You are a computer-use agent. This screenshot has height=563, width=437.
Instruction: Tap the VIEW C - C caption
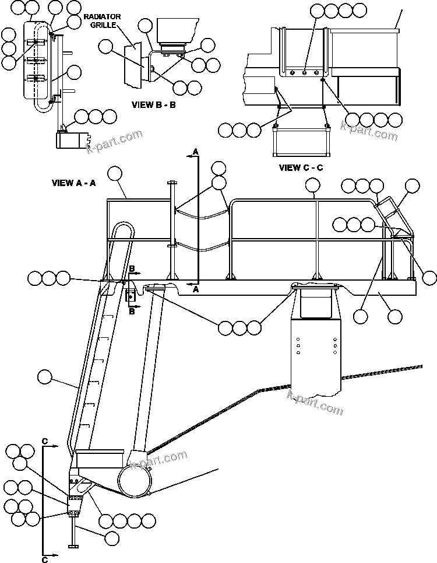pyautogui.click(x=301, y=167)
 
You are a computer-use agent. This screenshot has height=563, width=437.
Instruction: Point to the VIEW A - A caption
pyautogui.click(x=74, y=183)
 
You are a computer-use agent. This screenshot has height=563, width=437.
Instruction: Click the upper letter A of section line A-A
pyautogui.click(x=196, y=152)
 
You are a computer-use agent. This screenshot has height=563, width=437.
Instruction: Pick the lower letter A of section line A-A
pyautogui.click(x=196, y=289)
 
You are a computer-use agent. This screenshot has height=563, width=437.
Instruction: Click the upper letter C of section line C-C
pyautogui.click(x=45, y=440)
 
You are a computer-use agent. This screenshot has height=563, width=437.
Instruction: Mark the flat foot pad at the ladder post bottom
pyautogui.click(x=73, y=546)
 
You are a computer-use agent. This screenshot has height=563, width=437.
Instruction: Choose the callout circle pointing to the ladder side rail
pyautogui.click(x=44, y=377)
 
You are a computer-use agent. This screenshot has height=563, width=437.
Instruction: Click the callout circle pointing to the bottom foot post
pyautogui.click(x=111, y=535)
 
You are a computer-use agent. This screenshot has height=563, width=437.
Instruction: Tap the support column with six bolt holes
pyautogui.click(x=316, y=350)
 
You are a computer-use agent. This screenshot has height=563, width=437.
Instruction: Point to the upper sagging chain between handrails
pyautogui.click(x=201, y=213)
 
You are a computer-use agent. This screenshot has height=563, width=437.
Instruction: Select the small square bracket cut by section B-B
pyautogui.click(x=131, y=296)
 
